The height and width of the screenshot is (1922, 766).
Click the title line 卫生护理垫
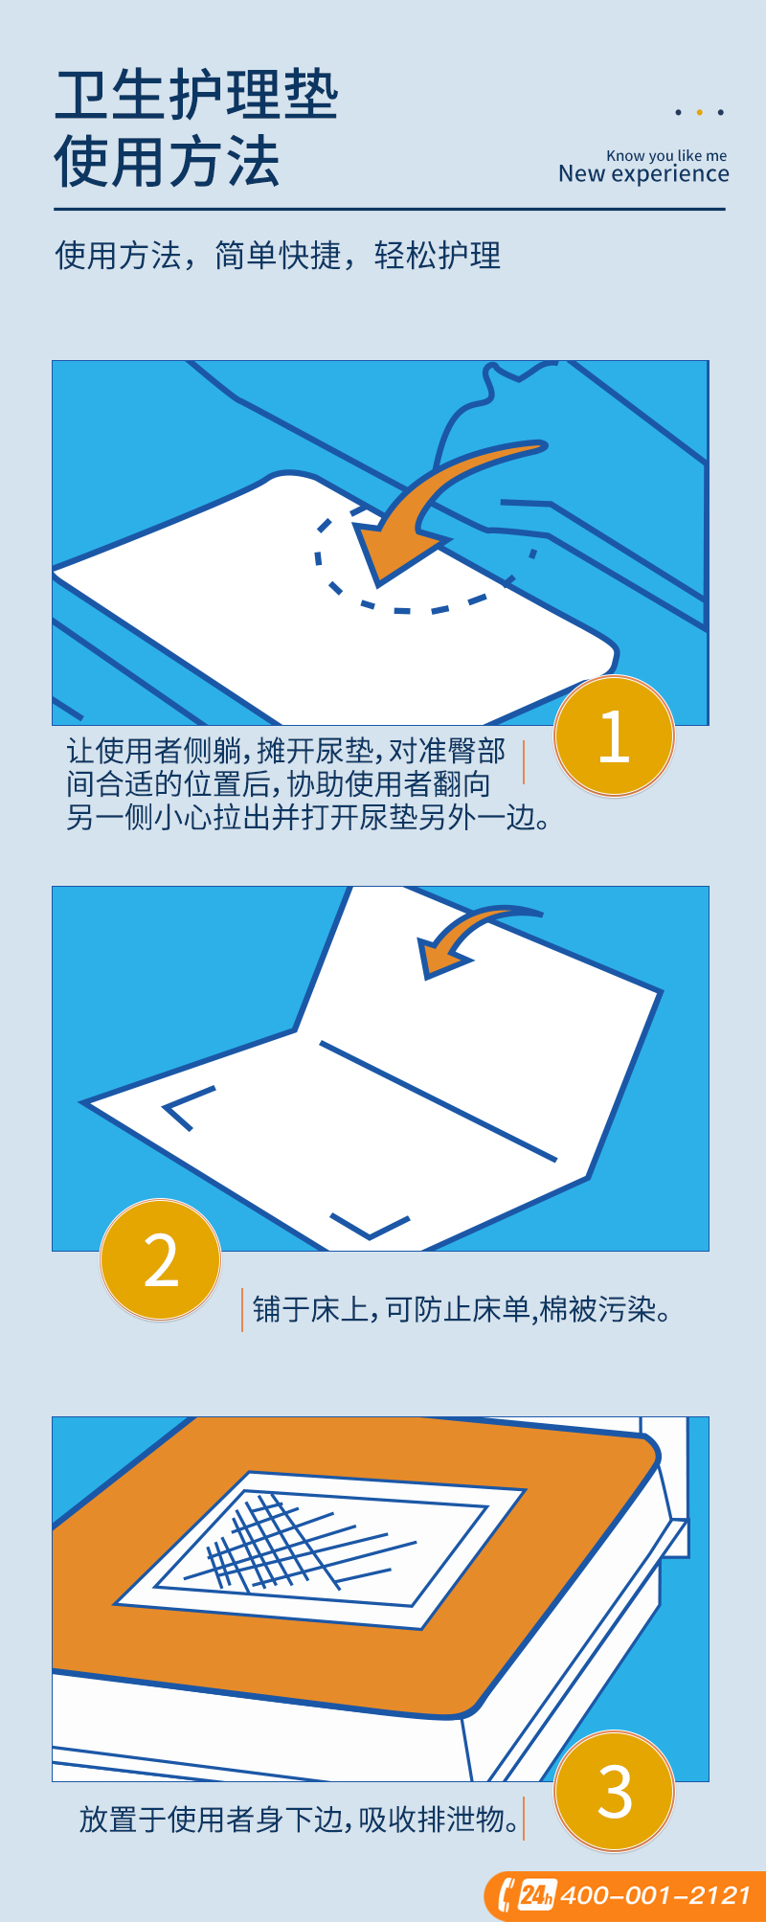pyautogui.click(x=196, y=96)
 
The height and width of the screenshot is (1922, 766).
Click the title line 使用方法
pyautogui.click(x=167, y=161)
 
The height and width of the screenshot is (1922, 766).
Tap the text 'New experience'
pyautogui.click(x=643, y=173)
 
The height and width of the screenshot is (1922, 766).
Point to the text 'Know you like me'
pyautogui.click(x=666, y=155)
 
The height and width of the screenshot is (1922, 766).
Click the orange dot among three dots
pyautogui.click(x=699, y=112)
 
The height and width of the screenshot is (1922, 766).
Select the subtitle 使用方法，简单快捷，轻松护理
pyautogui.click(x=278, y=256)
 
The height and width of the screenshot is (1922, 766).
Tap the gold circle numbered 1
pyautogui.click(x=614, y=735)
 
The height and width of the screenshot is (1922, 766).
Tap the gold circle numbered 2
pyautogui.click(x=161, y=1259)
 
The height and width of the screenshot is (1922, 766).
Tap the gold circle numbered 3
pyautogui.click(x=614, y=1791)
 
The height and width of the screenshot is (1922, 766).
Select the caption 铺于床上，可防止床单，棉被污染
pyautogui.click(x=462, y=1309)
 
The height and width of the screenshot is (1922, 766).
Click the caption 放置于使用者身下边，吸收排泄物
pyautogui.click(x=300, y=1819)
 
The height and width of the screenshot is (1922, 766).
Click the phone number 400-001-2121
pyautogui.click(x=655, y=1895)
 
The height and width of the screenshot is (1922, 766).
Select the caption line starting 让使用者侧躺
pyautogui.click(x=285, y=752)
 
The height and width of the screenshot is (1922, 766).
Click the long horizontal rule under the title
pyautogui.click(x=390, y=209)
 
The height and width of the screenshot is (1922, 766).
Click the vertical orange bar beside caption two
pyautogui.click(x=242, y=1309)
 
